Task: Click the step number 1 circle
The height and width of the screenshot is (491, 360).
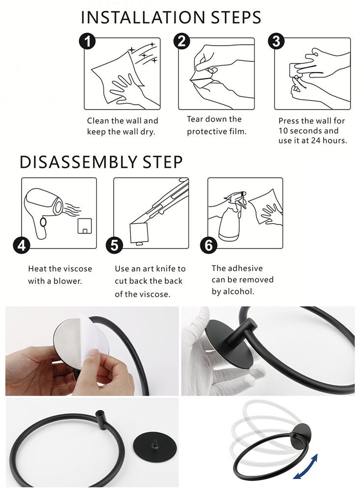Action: tap(87, 41)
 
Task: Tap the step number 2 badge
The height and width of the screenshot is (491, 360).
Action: tap(182, 41)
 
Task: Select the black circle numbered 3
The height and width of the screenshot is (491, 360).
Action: tap(277, 41)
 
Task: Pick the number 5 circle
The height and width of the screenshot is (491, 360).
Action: tap(114, 245)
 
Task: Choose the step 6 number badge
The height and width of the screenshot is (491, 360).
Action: tap(208, 245)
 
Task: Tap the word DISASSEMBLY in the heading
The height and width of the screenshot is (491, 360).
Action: tap(78, 162)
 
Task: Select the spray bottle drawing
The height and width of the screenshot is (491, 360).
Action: tap(232, 216)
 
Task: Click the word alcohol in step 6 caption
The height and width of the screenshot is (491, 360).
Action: tap(238, 292)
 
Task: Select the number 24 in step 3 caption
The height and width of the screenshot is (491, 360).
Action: tap(315, 140)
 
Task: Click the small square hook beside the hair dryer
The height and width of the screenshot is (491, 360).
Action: tap(84, 226)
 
